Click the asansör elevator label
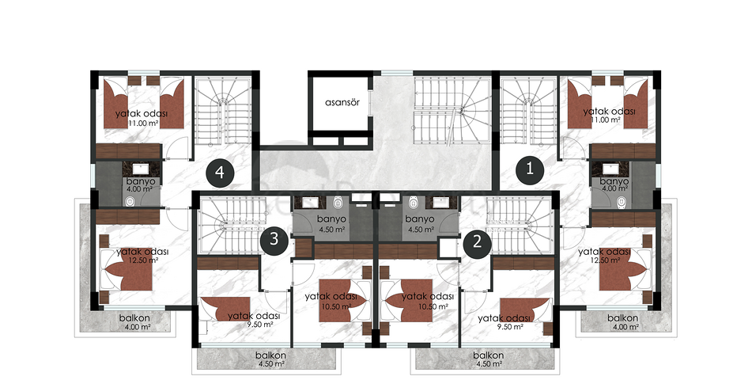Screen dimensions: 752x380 [342, 102]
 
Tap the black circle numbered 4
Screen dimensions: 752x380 [220, 173]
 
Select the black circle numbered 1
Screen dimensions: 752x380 [530, 169]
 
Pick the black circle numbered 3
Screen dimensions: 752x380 [274, 239]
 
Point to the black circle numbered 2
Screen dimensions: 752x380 [477, 241]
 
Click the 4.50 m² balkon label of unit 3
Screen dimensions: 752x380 [270, 359]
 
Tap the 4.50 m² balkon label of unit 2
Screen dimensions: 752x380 [488, 359]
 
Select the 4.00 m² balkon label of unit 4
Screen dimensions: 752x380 [134, 322]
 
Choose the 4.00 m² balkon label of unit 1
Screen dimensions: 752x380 [623, 322]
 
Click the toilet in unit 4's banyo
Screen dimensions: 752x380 [130, 202]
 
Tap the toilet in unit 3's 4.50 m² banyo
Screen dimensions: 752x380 [339, 203]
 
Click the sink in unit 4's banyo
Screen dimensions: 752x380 [141, 169]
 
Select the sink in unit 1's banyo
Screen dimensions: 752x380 [610, 168]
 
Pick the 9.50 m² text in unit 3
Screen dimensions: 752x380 [260, 325]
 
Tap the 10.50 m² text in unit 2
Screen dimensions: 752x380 [434, 306]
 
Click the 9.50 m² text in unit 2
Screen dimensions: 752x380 [510, 327]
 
